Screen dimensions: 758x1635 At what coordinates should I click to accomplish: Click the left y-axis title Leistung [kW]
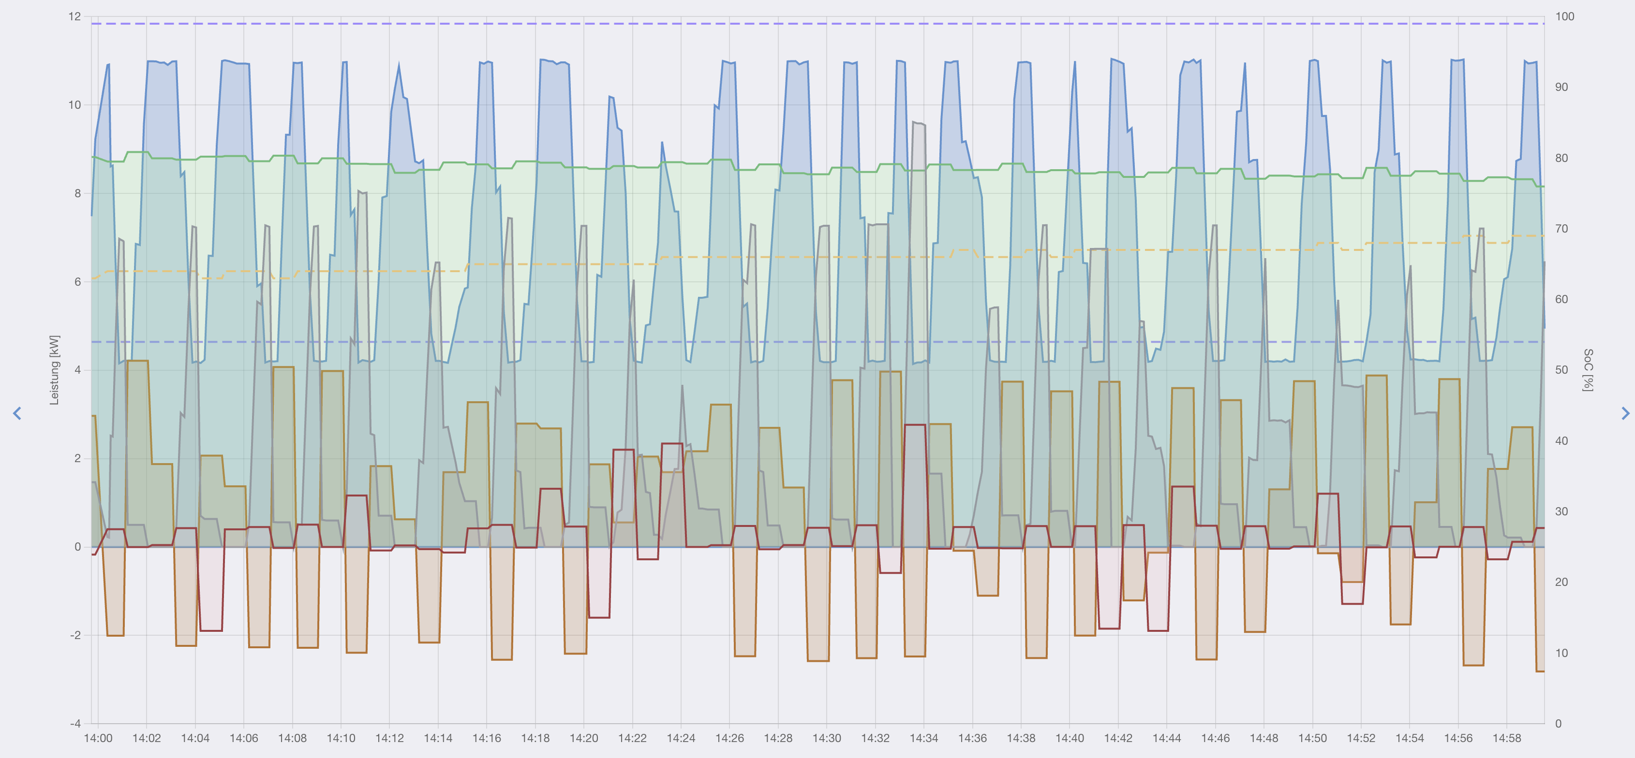(x=54, y=370)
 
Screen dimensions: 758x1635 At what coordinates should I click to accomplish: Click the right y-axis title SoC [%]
(x=1588, y=370)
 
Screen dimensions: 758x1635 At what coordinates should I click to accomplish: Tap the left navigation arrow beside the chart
(x=17, y=414)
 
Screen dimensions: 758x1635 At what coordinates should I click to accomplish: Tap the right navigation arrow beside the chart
(x=1625, y=414)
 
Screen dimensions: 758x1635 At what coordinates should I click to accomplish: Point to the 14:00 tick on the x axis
(x=98, y=738)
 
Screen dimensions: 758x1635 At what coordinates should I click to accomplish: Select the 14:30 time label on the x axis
(x=826, y=738)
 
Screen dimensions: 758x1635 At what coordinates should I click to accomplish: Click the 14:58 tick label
(x=1507, y=738)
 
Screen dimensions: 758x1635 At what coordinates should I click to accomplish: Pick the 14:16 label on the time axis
(x=486, y=738)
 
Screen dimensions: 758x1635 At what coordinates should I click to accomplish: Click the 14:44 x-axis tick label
(x=1167, y=738)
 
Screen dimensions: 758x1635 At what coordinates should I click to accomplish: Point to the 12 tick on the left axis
(x=75, y=16)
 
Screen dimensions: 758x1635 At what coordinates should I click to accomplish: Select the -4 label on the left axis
(x=75, y=724)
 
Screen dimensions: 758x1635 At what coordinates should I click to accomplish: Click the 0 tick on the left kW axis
(x=77, y=547)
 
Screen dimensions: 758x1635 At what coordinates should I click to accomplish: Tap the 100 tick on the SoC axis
(x=1564, y=16)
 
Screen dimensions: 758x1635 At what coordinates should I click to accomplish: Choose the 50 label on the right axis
(x=1561, y=370)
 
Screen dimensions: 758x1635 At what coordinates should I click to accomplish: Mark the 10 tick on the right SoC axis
(x=1561, y=653)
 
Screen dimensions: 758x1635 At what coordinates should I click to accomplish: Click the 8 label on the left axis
(x=77, y=193)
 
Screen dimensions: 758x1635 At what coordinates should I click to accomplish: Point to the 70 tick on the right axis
(x=1561, y=228)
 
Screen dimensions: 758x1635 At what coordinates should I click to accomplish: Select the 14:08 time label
(x=292, y=738)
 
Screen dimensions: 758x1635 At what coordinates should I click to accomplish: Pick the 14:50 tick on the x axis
(x=1312, y=738)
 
